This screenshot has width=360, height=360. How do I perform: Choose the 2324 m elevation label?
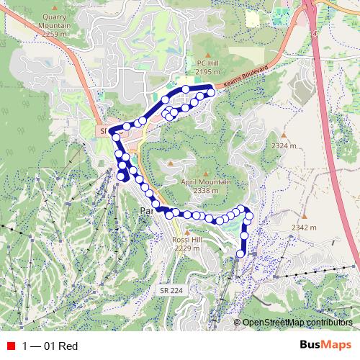click(284, 146)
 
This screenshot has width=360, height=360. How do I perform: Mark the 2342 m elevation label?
click(304, 228)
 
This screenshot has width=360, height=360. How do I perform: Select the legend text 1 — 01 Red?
click(50, 346)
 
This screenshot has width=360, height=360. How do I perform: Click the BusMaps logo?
click(326, 346)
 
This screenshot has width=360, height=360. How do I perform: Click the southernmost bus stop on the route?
click(240, 253)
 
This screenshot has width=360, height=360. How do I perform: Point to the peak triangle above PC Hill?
click(207, 55)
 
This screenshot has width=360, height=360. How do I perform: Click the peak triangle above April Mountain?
click(205, 174)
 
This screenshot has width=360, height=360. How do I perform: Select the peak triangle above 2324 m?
click(284, 135)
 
